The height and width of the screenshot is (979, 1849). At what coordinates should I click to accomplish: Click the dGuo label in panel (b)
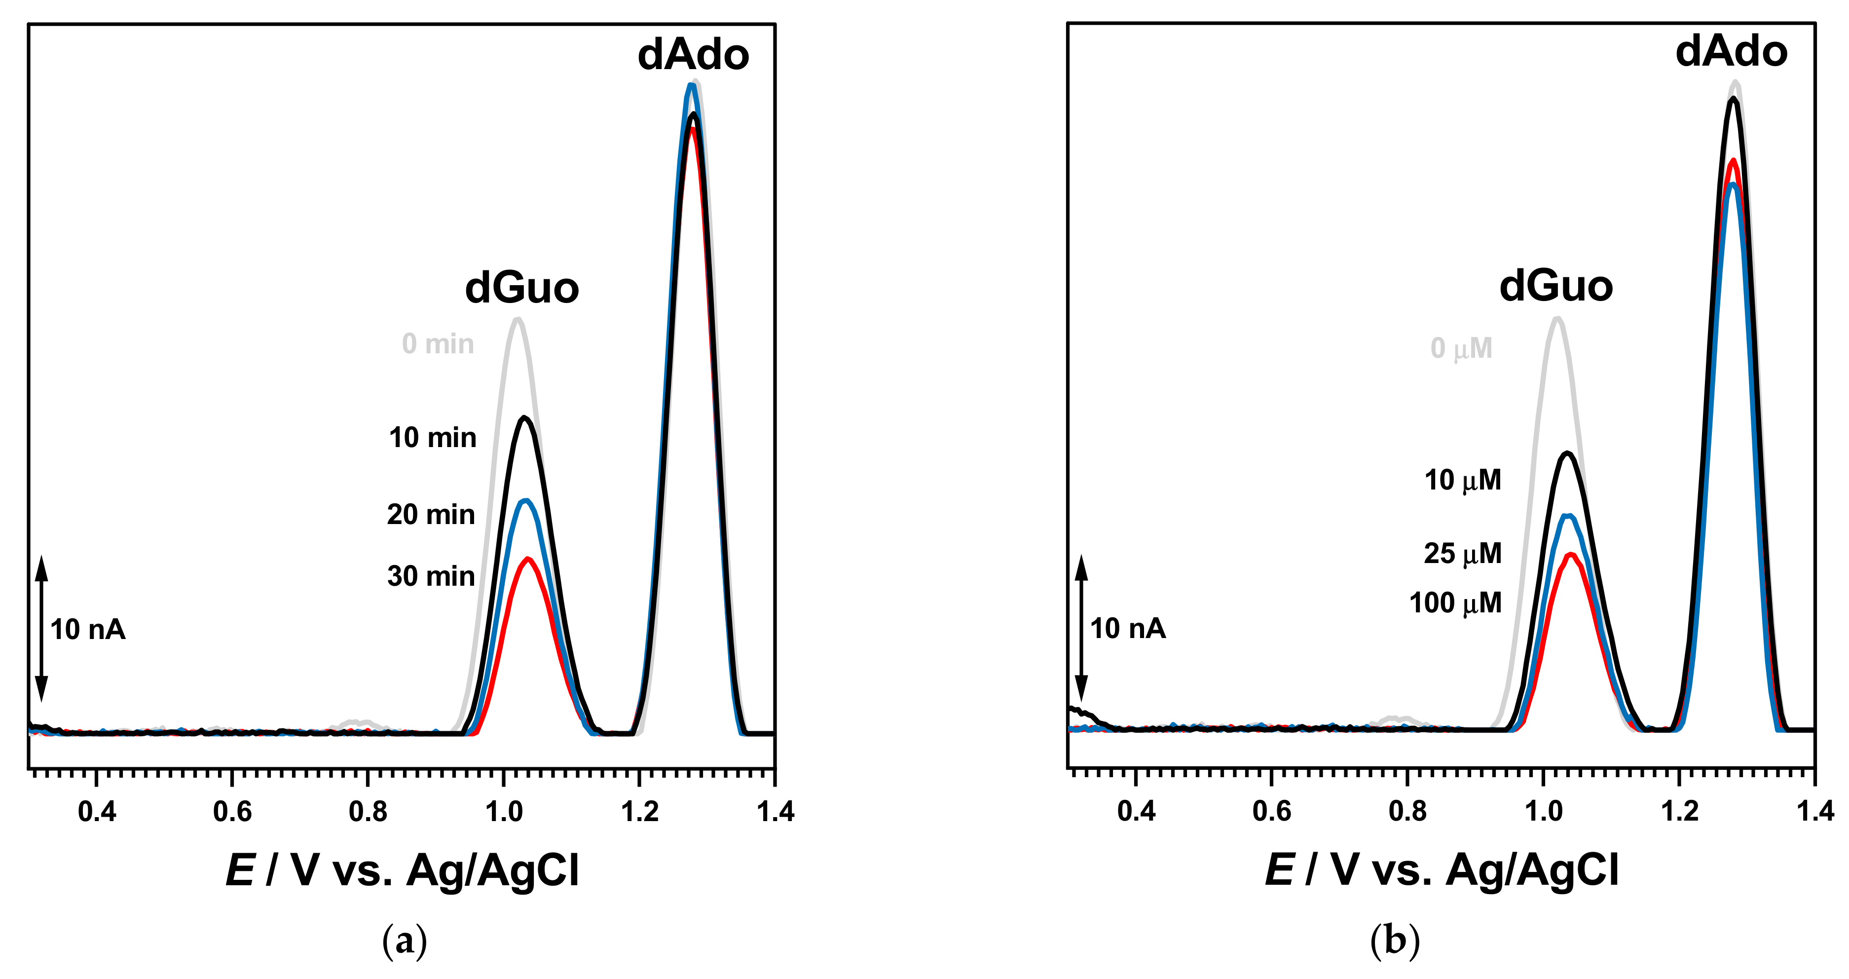coord(1555,286)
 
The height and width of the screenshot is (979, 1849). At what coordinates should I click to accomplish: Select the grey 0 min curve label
coord(438,344)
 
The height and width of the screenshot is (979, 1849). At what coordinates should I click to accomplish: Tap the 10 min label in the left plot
coord(432,438)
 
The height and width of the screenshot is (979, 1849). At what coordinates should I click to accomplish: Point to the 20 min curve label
coord(431,515)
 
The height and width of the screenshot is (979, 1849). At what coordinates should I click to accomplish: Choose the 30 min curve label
coord(431,576)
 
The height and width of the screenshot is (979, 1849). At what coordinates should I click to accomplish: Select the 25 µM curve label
coord(1462,553)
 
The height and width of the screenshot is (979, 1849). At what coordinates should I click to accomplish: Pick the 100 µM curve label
coord(1455,603)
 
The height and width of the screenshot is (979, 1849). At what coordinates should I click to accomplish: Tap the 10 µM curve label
coord(1462,480)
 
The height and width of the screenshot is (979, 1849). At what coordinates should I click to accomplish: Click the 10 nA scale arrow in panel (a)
coord(41,628)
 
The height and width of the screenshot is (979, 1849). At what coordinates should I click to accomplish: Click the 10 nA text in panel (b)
coord(1128,629)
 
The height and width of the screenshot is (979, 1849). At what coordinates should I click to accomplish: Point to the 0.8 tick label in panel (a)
coord(368,812)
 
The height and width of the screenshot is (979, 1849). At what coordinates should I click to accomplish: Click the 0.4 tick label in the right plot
coord(1136,812)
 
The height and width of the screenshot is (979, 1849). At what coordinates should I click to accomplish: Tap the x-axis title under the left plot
coord(402,870)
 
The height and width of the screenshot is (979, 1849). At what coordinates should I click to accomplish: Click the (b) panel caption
coord(1394,940)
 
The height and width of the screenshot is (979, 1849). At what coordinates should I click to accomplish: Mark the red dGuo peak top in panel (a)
coord(529,559)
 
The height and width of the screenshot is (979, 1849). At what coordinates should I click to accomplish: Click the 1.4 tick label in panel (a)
coord(775,812)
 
